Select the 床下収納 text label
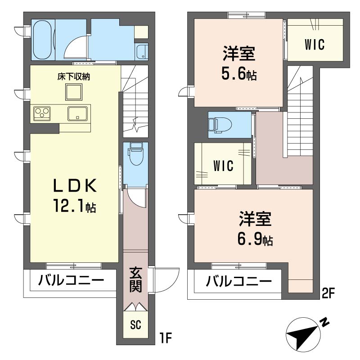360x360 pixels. [x=74, y=76]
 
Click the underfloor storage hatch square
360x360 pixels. [x=74, y=93]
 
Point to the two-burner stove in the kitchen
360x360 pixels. [x=43, y=112]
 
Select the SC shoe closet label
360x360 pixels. [x=135, y=325]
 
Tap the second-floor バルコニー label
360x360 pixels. [x=239, y=282]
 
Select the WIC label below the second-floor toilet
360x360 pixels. [x=223, y=166]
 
